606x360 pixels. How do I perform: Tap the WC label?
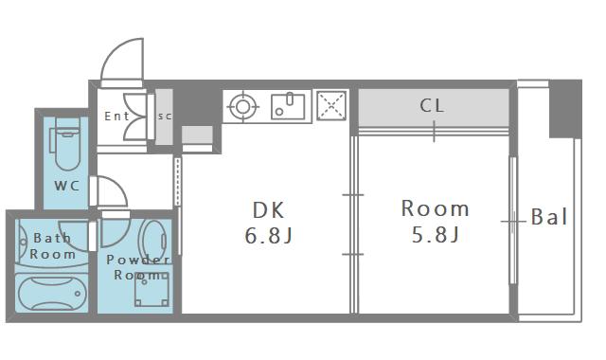(67, 186)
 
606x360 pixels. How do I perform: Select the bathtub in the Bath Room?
(51, 293)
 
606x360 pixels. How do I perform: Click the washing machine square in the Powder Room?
(151, 290)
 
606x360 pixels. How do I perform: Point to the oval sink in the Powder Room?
(153, 242)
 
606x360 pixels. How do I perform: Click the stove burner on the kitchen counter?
(242, 107)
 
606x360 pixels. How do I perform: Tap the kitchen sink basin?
(288, 106)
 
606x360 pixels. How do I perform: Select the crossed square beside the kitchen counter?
(331, 105)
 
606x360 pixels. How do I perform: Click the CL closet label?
(432, 105)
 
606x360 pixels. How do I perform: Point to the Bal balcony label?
(549, 217)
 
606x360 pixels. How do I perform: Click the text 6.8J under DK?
(269, 236)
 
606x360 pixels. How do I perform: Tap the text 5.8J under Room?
(436, 234)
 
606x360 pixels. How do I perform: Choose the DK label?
(269, 210)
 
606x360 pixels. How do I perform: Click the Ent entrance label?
(116, 116)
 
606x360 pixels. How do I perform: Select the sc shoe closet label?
(165, 116)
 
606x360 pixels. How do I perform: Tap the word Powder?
(138, 260)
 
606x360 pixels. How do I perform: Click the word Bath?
(53, 238)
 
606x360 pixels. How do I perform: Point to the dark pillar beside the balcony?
(565, 110)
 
